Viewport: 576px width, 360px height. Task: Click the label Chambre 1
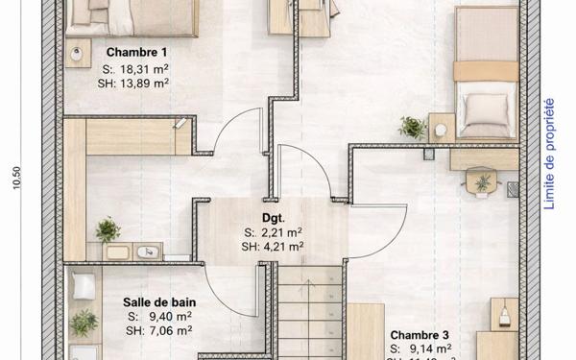coord(137,52)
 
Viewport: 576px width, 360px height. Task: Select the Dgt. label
coord(274,217)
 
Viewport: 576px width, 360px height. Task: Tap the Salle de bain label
coord(157,300)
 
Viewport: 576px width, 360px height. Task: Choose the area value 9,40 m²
coord(164,316)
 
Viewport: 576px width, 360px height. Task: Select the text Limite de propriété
coord(549,153)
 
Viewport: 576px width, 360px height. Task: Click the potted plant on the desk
coord(482,181)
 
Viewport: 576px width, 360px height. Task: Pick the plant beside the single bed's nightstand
coord(413,127)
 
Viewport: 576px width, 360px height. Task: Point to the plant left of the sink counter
coord(108,229)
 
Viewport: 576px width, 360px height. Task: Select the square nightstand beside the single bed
coord(442,126)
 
